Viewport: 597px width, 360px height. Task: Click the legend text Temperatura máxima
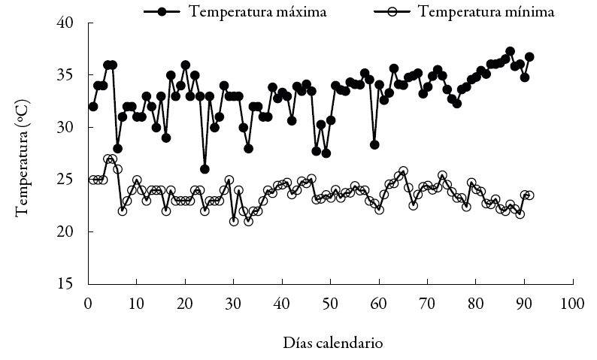[257, 11]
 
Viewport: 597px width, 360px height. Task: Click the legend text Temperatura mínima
[486, 11]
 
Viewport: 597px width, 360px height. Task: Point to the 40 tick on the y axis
[73, 23]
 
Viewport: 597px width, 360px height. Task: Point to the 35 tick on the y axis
[73, 75]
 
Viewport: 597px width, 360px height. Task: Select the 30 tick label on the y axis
[73, 128]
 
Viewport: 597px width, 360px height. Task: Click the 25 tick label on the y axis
[73, 180]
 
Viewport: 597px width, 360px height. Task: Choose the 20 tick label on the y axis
[73, 232]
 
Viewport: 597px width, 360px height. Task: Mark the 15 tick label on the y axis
[73, 284]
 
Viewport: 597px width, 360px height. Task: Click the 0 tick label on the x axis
[88, 303]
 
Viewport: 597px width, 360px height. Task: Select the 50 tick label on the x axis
[330, 303]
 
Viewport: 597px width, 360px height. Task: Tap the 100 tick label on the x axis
[572, 303]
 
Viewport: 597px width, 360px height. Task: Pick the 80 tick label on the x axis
[475, 303]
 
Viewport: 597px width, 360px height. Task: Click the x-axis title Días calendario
[333, 343]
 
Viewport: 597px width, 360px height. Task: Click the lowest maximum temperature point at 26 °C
[205, 169]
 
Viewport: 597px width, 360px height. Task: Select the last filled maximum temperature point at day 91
[529, 56]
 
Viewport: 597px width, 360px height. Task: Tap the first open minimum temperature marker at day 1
[93, 180]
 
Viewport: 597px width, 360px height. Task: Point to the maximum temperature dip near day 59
[374, 144]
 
